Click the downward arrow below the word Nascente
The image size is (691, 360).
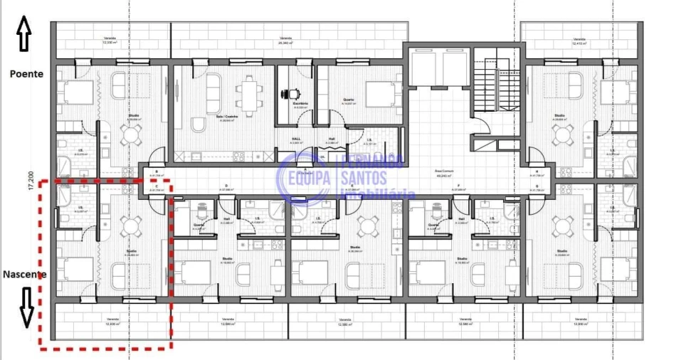[x=26, y=307]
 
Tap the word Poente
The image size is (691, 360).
[x=26, y=73]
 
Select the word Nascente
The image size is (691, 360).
[x=24, y=274]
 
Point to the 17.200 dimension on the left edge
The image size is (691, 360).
[x=31, y=181]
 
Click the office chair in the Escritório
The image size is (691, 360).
[x=291, y=93]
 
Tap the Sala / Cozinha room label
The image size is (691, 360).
[x=226, y=117]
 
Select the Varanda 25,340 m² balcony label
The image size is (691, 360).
[x=285, y=40]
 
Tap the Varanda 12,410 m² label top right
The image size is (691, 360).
[x=579, y=41]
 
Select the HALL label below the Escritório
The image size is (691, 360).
[x=297, y=139]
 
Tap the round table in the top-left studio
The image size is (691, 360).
[x=130, y=134]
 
